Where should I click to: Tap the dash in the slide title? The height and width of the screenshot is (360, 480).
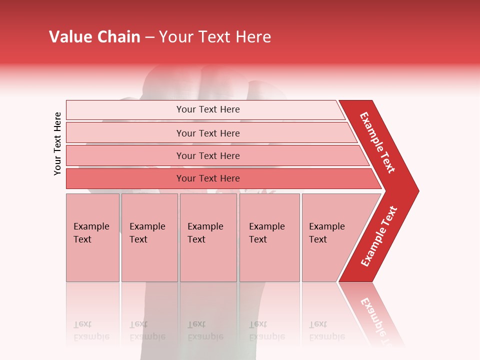[149, 37]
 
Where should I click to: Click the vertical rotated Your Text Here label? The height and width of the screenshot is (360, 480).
[57, 143]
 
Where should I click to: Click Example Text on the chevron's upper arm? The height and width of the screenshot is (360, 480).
[377, 142]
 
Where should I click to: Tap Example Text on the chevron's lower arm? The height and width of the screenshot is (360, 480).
[379, 236]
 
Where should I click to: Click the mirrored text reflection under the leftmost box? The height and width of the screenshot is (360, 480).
[91, 330]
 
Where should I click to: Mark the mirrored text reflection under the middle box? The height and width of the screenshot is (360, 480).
[205, 330]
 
